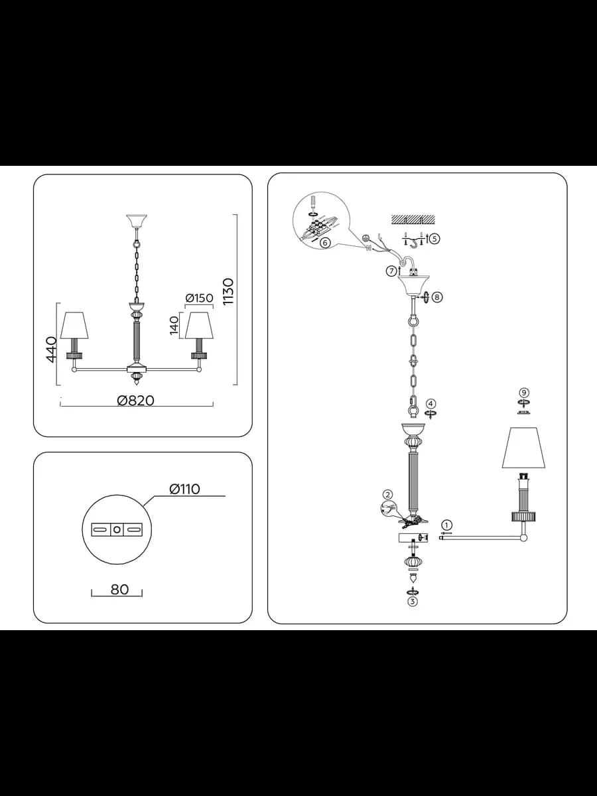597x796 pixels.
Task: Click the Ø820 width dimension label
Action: coord(135,401)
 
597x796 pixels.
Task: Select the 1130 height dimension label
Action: coord(228,292)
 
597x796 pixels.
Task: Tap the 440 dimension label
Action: coord(51,349)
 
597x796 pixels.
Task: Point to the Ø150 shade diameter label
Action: coord(199,298)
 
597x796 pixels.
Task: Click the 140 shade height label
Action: coord(174,325)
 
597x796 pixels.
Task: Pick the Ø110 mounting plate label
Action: coord(184,489)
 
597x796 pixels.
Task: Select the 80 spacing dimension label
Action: coord(119,590)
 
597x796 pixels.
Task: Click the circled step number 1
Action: coord(447,525)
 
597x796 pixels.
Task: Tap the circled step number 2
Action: coord(388,494)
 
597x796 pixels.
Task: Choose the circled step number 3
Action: coord(413,602)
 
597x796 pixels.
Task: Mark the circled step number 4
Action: coord(431,403)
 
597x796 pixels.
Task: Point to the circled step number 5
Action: coord(435,238)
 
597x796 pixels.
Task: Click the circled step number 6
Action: coord(325,243)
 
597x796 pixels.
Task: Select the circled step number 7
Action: coord(391,271)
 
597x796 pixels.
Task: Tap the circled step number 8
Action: coord(437,297)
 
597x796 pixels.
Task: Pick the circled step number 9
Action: coord(523,392)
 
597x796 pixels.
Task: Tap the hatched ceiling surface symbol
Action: coord(413,219)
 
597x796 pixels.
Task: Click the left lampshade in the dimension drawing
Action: coord(74,325)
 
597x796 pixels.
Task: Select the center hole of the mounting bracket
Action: coord(117,530)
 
